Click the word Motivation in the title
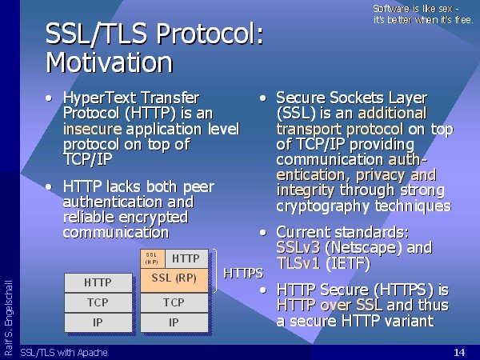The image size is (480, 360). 110,62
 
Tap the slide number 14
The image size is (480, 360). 459,352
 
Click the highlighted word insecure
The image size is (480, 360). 93,129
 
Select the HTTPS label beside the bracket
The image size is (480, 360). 243,273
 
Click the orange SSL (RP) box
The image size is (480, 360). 174,280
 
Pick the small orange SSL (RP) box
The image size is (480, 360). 153,258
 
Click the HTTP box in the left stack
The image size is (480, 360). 98,282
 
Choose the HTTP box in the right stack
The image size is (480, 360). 186,258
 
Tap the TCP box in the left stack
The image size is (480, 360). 98,302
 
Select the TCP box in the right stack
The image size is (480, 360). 174,302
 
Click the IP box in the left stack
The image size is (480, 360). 98,322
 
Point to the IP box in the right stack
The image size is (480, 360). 174,322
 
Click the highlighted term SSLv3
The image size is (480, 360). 298,247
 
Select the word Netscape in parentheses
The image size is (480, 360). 364,248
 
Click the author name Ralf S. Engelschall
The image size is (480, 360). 9,318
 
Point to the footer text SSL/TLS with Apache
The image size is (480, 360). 64,353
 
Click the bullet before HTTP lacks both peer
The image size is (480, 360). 48,186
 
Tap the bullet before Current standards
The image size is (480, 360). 263,233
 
